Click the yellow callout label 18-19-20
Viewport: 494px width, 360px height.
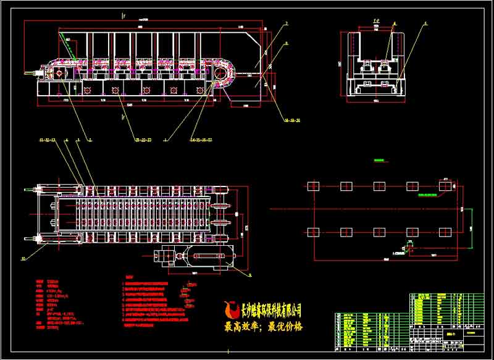pos(290,120)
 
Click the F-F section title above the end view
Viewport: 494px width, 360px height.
pos(375,21)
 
